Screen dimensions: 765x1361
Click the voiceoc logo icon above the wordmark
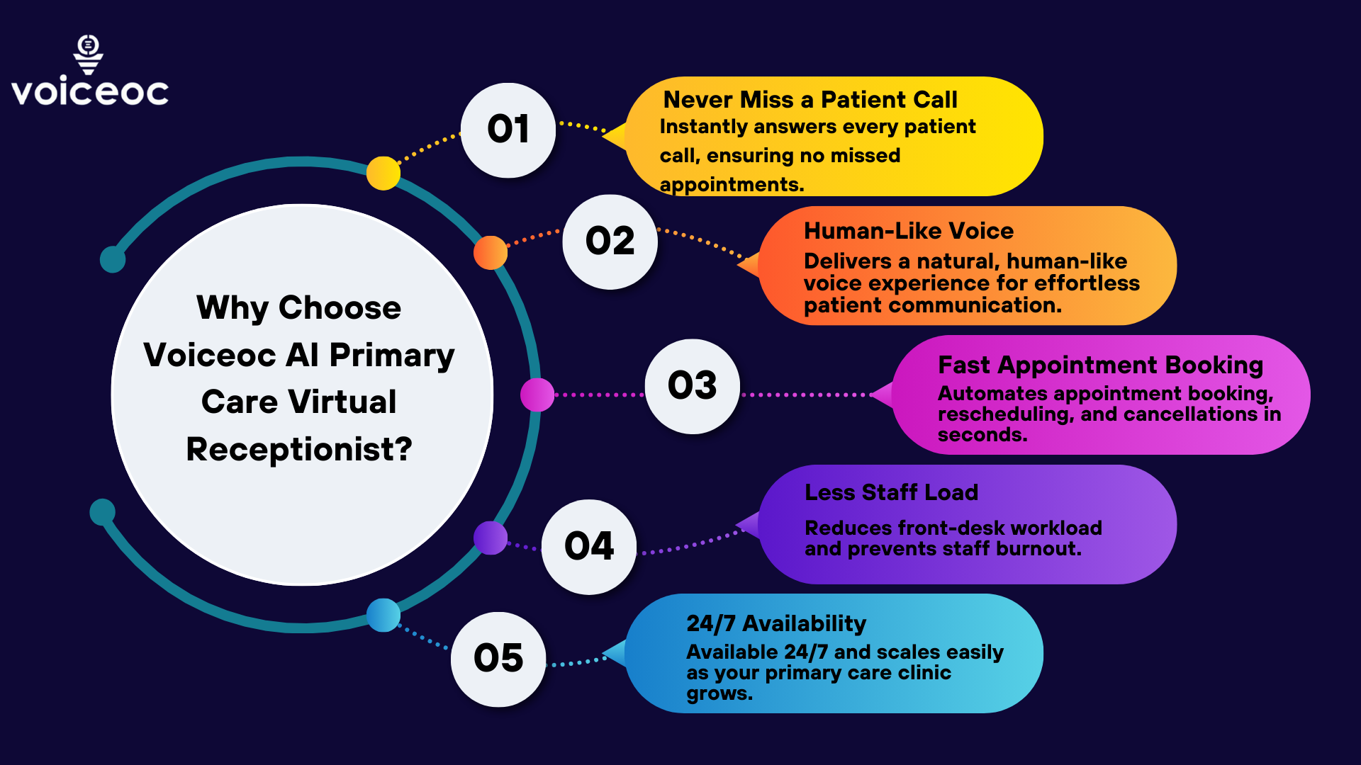(x=89, y=54)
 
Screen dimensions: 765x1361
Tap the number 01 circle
(x=508, y=130)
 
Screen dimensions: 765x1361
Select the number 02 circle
(x=610, y=242)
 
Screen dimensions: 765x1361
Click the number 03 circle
(x=692, y=386)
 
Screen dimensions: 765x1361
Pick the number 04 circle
(x=588, y=546)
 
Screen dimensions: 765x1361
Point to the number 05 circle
(x=498, y=659)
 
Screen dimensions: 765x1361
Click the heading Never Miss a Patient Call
(x=810, y=100)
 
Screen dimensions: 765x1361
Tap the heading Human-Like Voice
(x=908, y=231)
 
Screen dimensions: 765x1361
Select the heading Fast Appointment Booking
(x=1100, y=365)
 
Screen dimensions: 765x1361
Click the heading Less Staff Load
(x=891, y=492)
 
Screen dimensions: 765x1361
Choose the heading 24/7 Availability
(x=776, y=623)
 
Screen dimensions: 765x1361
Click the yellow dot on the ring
(x=383, y=173)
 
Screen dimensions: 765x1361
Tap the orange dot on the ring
(x=491, y=252)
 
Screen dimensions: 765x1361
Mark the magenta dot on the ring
(x=537, y=395)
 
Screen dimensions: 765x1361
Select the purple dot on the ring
(x=491, y=538)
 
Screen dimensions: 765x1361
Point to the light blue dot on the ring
(x=383, y=615)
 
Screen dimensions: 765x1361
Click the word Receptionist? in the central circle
(x=299, y=449)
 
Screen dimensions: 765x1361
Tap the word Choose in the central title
(x=340, y=308)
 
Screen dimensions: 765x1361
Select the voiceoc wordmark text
(x=90, y=92)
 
